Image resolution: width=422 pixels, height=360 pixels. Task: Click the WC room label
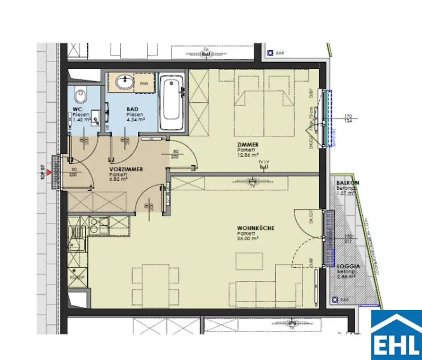(77, 109)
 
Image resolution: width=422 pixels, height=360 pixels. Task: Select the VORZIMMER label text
(126, 169)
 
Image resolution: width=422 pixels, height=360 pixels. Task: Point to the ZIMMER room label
(248, 145)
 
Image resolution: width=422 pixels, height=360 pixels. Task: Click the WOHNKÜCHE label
(256, 228)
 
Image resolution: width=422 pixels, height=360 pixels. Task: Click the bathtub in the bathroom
(172, 102)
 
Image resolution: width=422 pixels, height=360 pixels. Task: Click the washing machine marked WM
(143, 83)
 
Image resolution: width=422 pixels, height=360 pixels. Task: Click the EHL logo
(396, 334)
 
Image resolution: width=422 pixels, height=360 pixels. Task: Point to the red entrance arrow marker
(49, 172)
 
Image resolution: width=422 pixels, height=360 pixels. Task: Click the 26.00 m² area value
(247, 238)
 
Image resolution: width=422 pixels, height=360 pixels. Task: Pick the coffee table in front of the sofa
(249, 261)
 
